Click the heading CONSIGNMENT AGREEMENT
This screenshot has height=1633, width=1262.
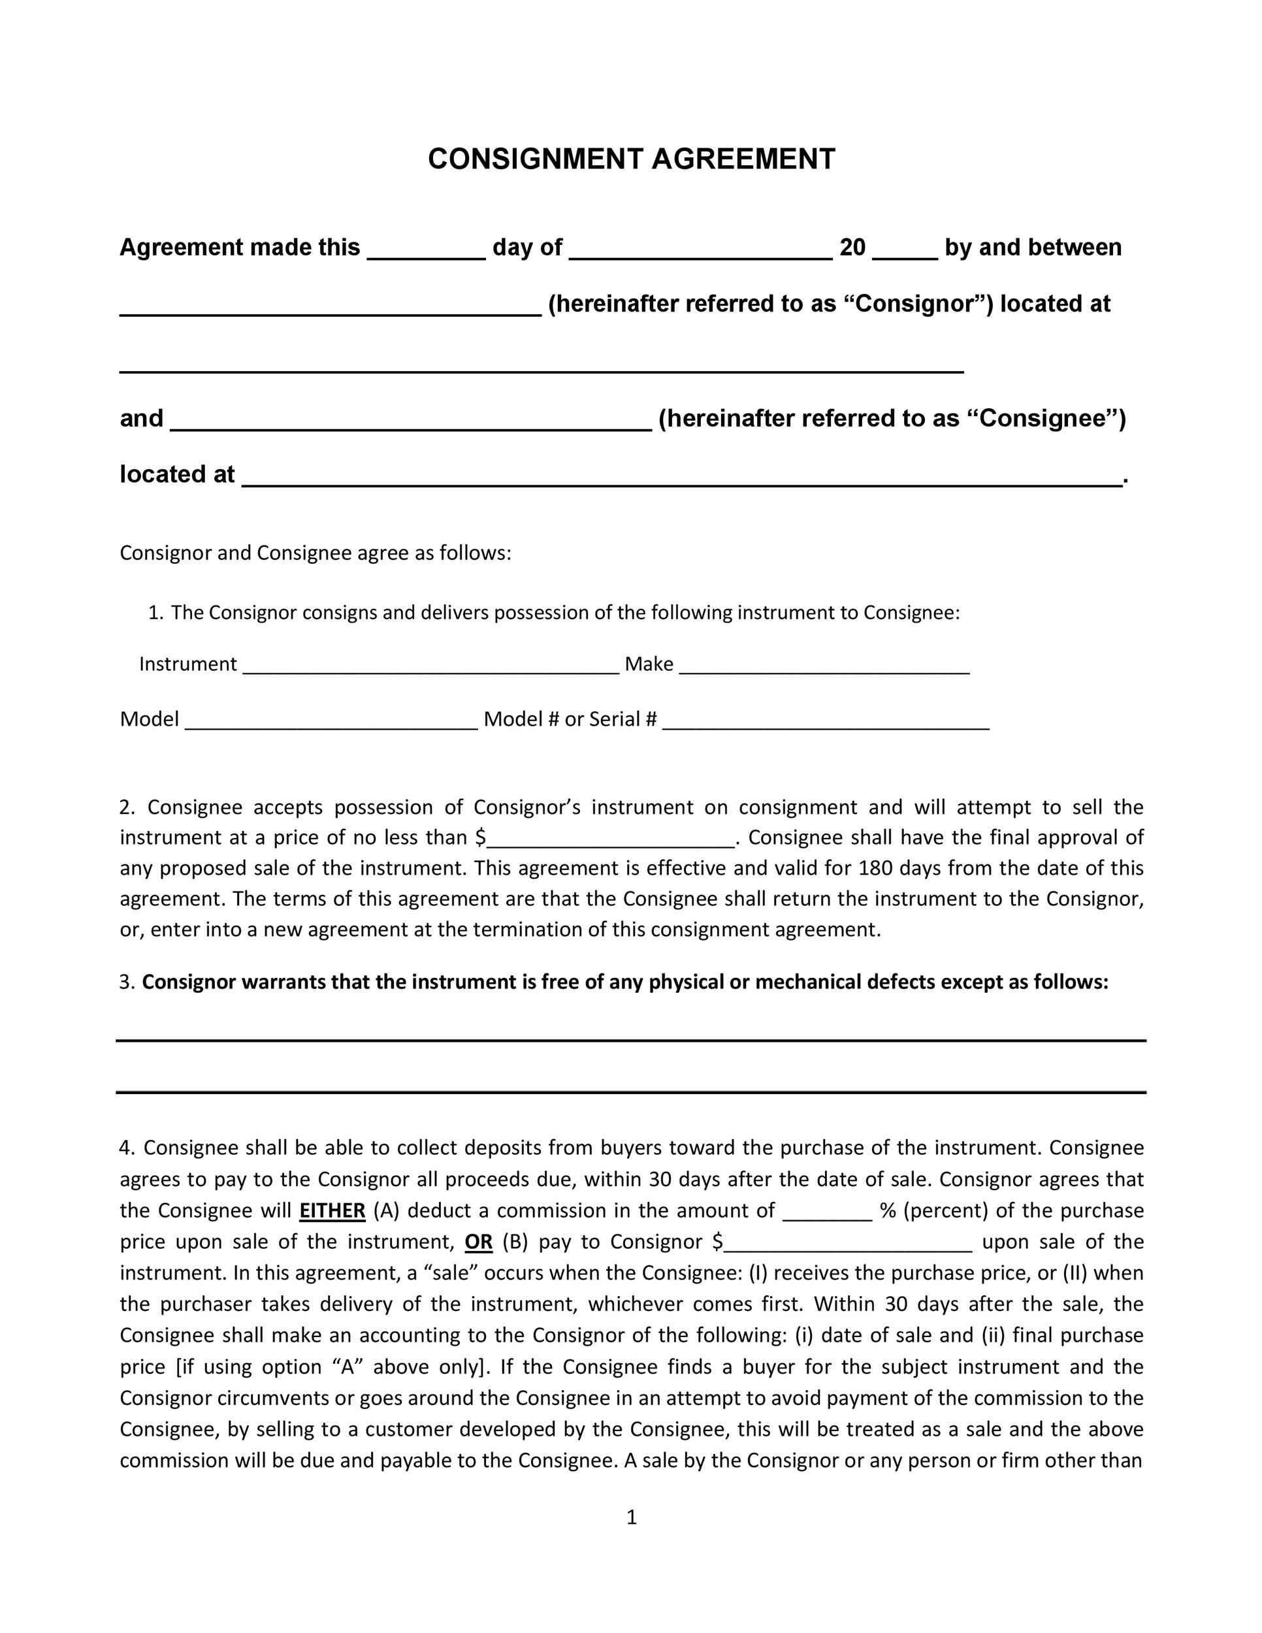631,159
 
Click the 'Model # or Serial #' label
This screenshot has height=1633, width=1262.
570,719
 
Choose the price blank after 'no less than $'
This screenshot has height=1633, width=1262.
611,843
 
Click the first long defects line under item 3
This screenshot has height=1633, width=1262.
631,1040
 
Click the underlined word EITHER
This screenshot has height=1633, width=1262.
332,1210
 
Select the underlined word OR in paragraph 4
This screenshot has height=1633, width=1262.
479,1242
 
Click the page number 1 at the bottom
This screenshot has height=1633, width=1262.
631,1517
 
